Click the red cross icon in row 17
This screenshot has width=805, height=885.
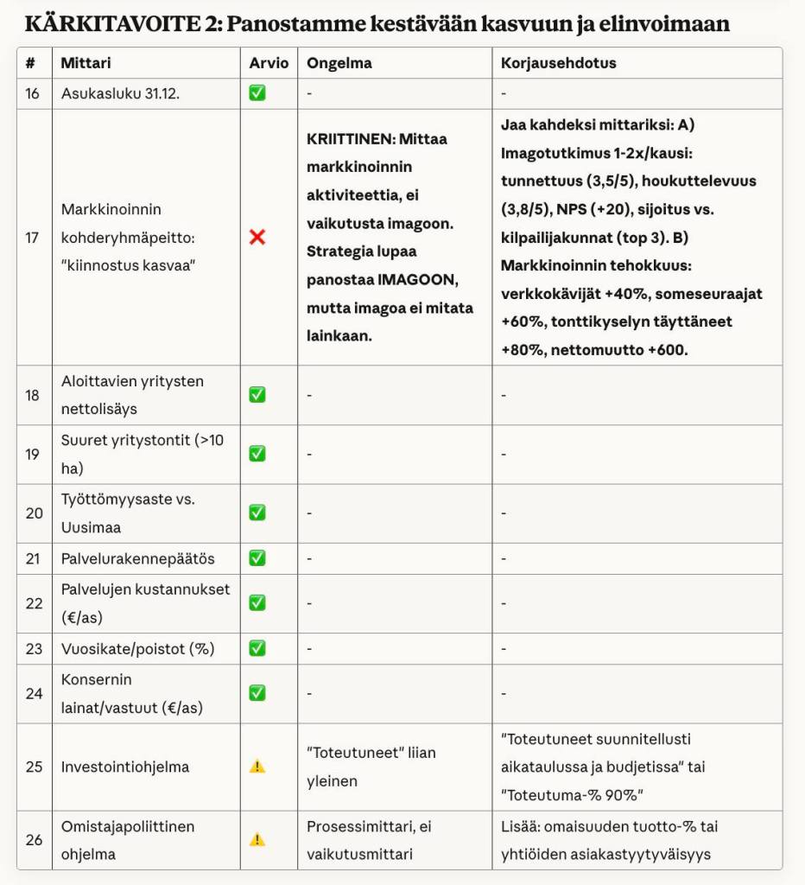(257, 237)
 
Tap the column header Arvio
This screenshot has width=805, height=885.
(269, 63)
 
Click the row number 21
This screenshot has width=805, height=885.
(33, 558)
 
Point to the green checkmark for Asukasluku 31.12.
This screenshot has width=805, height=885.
(257, 93)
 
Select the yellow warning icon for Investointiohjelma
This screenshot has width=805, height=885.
(257, 767)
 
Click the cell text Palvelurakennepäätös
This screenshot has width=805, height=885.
(137, 558)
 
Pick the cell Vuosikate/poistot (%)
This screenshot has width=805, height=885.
(137, 648)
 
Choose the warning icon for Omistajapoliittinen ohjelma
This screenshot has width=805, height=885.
(257, 839)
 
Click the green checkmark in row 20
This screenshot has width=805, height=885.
(257, 513)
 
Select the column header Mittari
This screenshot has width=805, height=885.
(86, 63)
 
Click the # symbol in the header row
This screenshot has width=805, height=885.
(31, 63)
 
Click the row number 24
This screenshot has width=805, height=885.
(34, 693)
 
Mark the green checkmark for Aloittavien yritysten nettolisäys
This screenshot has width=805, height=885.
(257, 395)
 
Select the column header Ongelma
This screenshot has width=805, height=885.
(339, 63)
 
